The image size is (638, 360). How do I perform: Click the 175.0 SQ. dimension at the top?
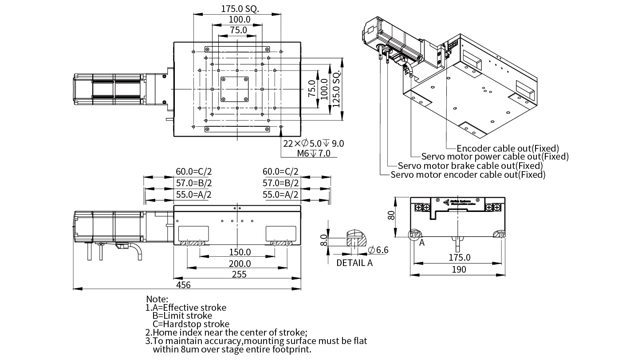240,8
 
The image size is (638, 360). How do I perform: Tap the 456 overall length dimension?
183,285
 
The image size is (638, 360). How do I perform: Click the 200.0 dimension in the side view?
240,263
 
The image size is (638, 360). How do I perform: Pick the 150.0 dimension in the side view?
240,252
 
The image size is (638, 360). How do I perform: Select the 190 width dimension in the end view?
459,270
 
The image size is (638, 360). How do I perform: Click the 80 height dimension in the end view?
391,216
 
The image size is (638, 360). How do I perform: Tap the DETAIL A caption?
354,262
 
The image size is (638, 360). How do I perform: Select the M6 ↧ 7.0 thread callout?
314,153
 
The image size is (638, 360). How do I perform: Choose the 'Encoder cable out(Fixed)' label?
508,148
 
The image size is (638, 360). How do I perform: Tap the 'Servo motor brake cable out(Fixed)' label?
470,166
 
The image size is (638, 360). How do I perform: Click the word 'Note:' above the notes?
157,299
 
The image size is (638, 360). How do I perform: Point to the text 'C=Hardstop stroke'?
191,324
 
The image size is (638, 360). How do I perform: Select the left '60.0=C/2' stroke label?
193,172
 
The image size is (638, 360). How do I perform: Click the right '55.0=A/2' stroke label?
280,195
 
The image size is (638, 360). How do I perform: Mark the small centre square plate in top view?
235,89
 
